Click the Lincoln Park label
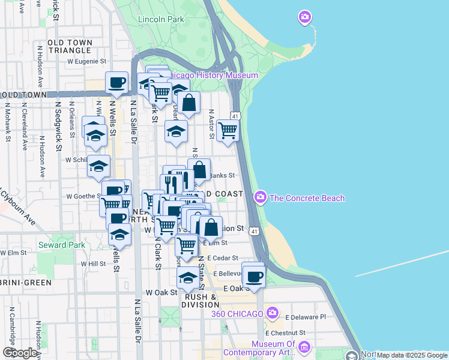161,19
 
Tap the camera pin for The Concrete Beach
261,197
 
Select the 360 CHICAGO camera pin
273,313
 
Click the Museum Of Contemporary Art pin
304,347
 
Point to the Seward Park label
62,245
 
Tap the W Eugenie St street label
86,61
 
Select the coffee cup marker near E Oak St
254,277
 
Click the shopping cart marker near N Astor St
228,130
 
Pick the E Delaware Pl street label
305,317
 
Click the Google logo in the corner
20,353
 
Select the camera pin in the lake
305,17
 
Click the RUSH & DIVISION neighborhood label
201,301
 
